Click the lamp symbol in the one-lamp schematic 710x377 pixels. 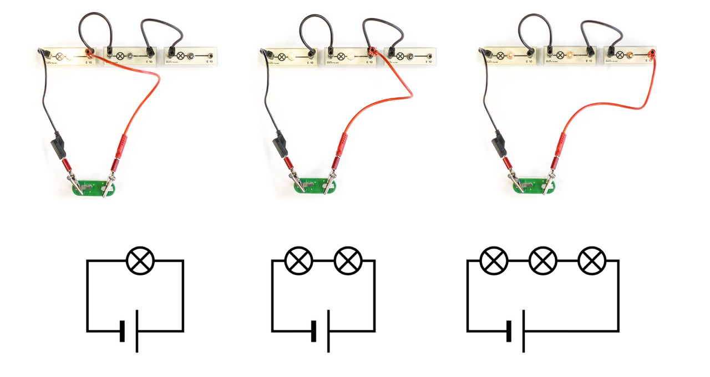click(141, 260)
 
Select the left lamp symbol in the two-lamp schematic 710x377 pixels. click(298, 260)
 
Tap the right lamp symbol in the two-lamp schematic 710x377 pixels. click(348, 260)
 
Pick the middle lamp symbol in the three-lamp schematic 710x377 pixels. click(543, 260)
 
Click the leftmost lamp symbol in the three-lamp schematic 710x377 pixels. click(494, 260)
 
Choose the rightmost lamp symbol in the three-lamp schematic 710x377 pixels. click(592, 260)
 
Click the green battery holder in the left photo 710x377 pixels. click(94, 187)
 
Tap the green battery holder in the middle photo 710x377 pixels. click(314, 185)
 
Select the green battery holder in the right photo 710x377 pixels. click(532, 185)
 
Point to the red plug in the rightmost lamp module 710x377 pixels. click(651, 54)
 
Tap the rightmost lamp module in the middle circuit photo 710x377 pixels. click(410, 56)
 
